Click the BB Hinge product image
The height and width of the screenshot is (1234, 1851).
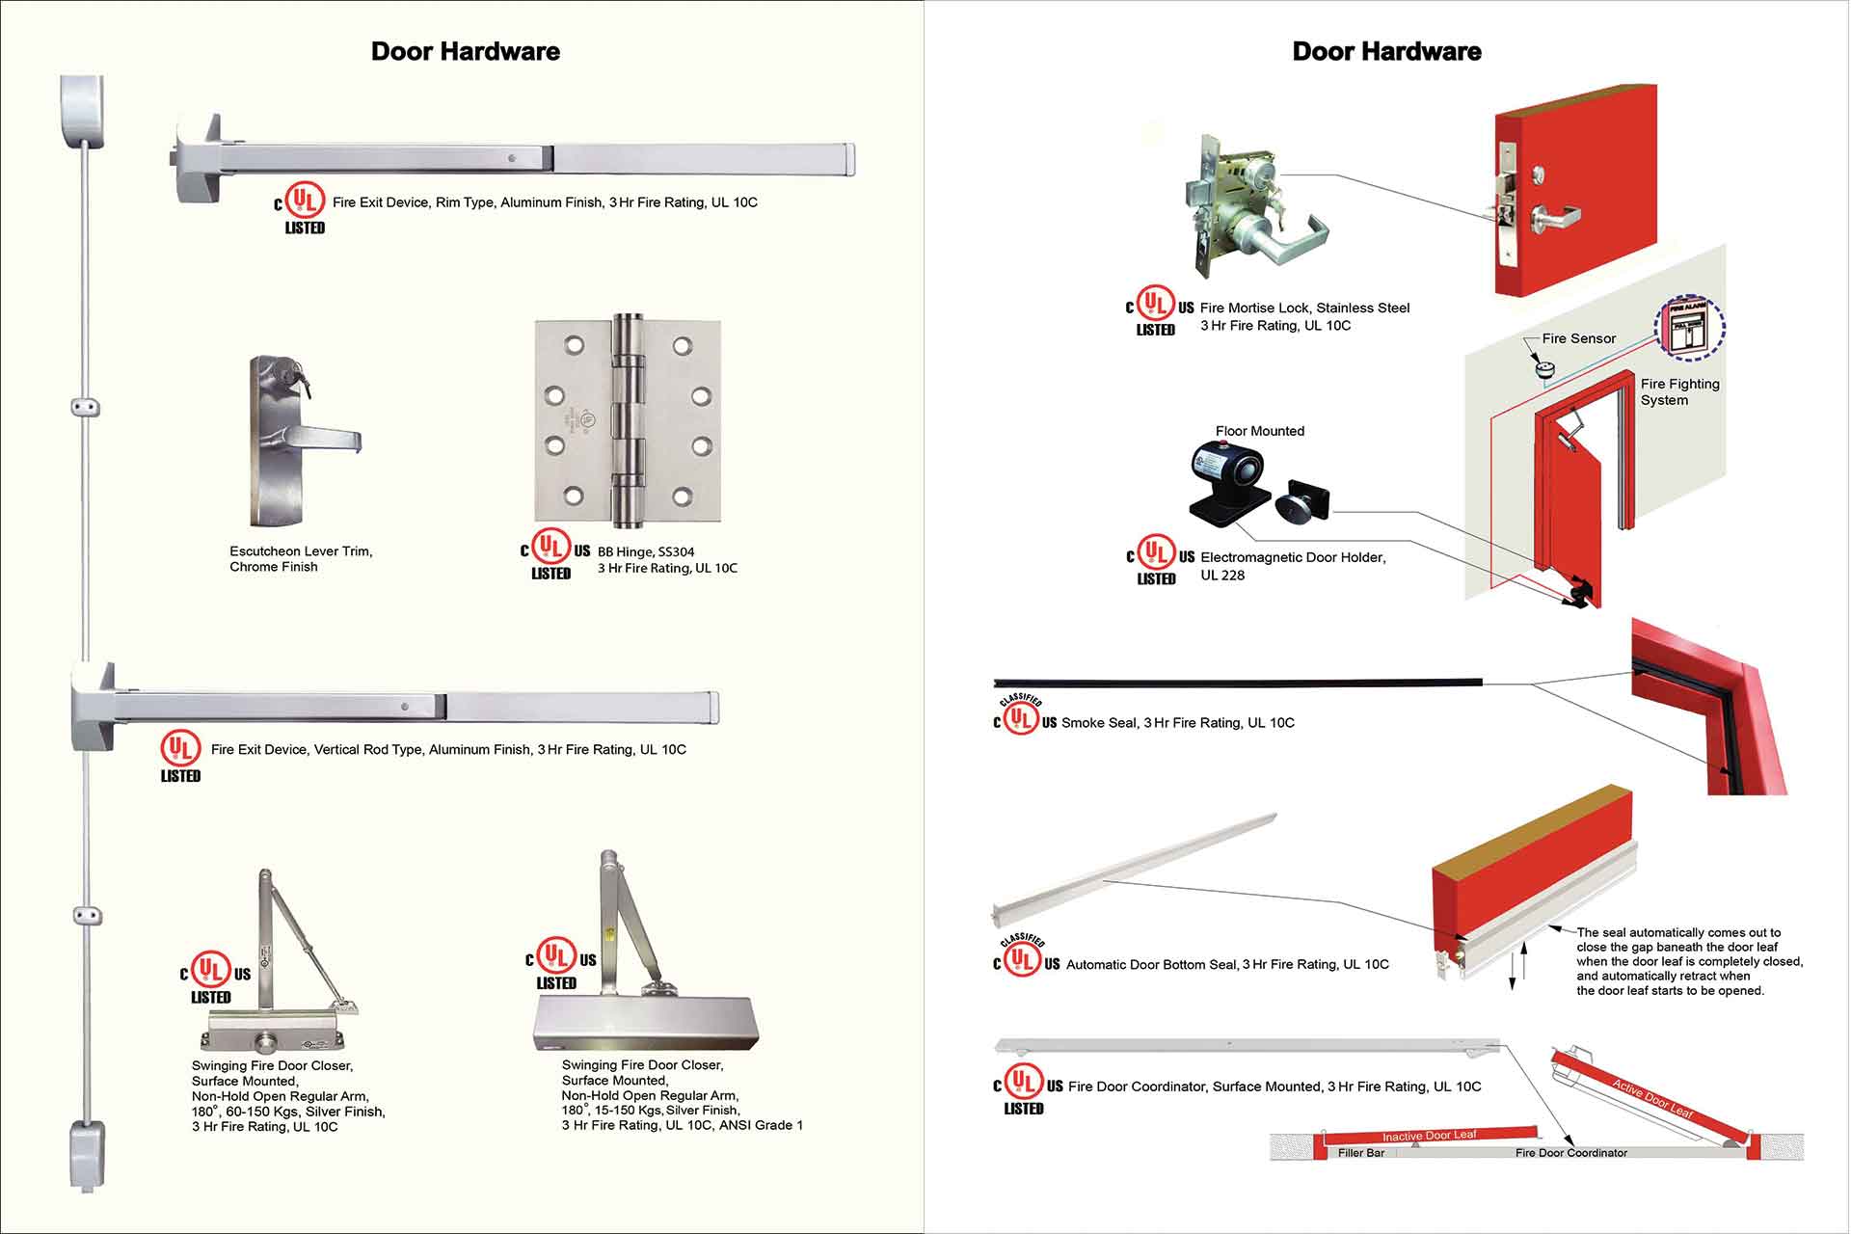click(x=628, y=421)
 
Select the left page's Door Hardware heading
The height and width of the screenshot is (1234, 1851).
click(x=465, y=51)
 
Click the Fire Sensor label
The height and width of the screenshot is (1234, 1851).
click(x=1578, y=338)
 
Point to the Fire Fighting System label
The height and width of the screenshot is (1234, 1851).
click(x=1679, y=391)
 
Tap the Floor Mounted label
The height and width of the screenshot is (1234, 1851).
click(x=1259, y=431)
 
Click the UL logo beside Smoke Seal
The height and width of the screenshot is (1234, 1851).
click(x=1021, y=719)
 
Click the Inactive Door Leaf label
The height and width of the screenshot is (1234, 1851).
click(x=1429, y=1136)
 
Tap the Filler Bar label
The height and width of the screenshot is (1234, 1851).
click(x=1360, y=1153)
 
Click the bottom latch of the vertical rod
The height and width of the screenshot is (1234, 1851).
click(x=87, y=1153)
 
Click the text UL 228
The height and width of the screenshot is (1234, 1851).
click(x=1221, y=576)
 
